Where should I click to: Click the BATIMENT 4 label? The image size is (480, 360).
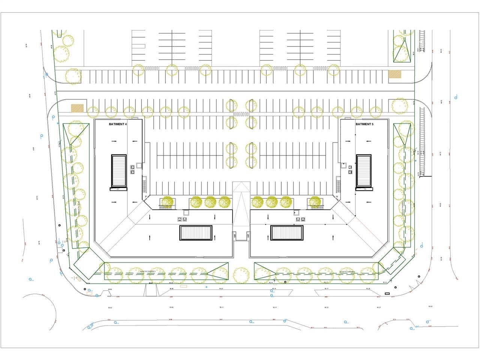tap(117, 124)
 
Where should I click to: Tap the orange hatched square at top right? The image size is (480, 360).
tap(394, 74)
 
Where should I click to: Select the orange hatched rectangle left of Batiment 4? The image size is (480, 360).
tap(77, 108)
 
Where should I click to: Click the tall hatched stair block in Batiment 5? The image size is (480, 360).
tap(363, 171)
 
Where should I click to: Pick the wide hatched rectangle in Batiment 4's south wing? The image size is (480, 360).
tap(196, 233)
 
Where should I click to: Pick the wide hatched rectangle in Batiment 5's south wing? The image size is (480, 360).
tap(286, 233)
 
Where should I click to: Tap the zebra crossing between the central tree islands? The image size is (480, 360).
tap(241, 114)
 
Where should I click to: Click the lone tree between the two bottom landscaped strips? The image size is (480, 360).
tap(241, 275)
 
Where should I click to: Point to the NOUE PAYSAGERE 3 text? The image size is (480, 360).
tap(147, 271)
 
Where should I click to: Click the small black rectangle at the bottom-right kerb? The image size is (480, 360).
tap(387, 294)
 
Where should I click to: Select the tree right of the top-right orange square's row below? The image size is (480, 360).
tap(400, 106)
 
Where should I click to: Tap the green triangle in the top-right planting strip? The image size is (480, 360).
tap(400, 52)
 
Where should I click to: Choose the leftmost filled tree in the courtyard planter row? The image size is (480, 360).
tap(167, 202)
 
